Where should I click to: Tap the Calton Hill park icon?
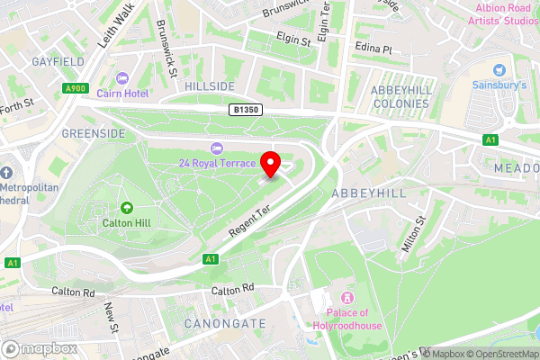coord(127,208)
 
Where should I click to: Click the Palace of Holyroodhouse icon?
coord(347,299)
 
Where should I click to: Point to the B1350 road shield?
coord(244,109)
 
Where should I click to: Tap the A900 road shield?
coord(76,88)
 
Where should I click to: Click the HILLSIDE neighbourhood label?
coord(210,85)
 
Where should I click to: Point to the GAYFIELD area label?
coord(57,62)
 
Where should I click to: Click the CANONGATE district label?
coord(225,322)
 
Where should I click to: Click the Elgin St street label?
coord(292,40)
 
